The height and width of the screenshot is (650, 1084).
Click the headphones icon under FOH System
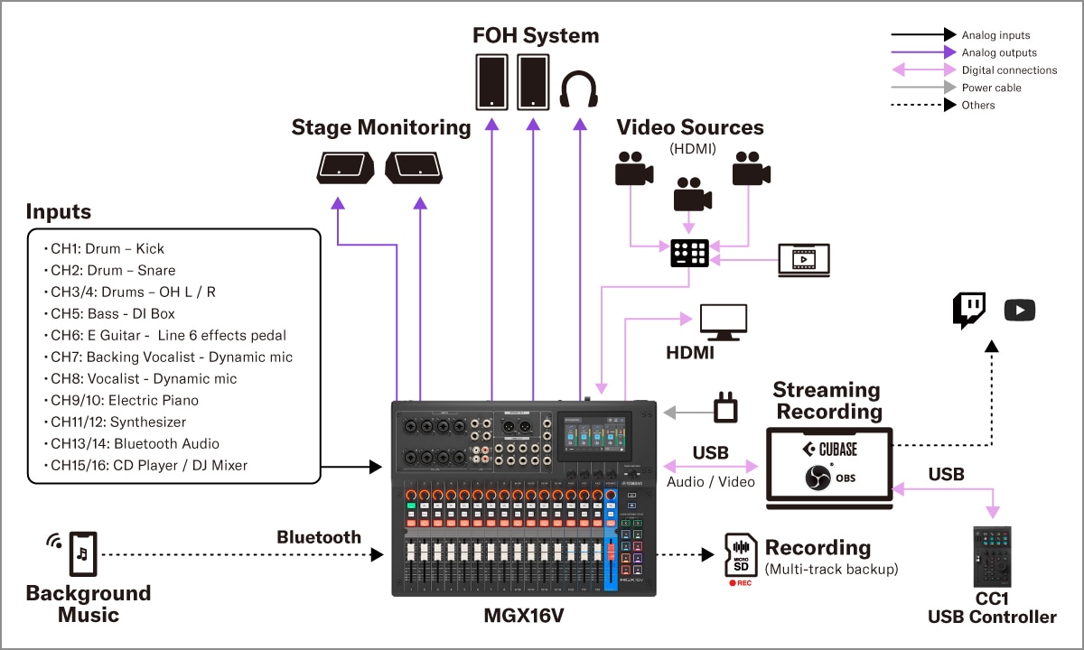tap(578, 90)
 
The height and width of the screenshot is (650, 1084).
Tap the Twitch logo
tap(968, 311)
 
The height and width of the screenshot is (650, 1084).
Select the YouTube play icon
tap(1019, 311)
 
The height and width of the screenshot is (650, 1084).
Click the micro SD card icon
tap(741, 554)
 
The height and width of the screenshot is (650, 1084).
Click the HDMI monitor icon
tap(724, 321)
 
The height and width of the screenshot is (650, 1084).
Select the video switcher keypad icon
tap(690, 254)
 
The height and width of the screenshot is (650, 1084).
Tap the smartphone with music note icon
tap(82, 553)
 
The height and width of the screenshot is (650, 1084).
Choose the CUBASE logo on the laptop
tap(829, 449)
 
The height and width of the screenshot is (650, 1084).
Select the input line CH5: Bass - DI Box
tap(112, 314)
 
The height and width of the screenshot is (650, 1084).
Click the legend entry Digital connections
tap(1008, 70)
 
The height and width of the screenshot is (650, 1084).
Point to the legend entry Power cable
tap(991, 88)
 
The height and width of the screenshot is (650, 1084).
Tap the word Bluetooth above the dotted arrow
tap(319, 537)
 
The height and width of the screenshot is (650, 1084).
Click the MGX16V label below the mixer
tap(526, 617)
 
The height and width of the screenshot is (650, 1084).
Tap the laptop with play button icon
tap(804, 259)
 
